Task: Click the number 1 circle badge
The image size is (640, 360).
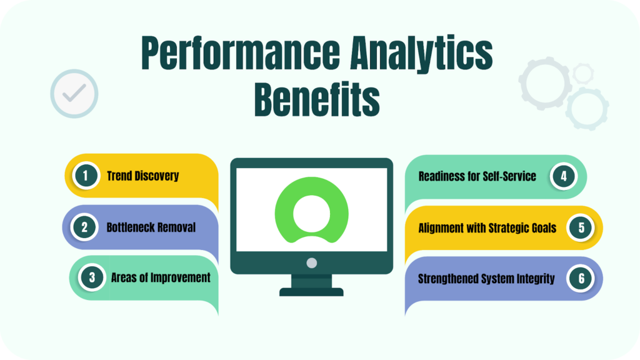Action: tap(86, 176)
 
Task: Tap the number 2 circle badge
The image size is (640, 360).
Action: tap(84, 227)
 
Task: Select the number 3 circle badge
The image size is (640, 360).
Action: tap(92, 277)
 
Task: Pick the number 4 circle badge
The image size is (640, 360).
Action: tap(564, 176)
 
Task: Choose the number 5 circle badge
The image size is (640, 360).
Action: tap(581, 227)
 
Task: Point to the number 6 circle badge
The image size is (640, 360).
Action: tap(581, 278)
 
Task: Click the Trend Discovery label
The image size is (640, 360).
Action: tap(143, 176)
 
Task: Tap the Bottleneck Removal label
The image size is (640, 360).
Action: tap(151, 227)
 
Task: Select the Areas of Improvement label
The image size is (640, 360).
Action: tap(161, 278)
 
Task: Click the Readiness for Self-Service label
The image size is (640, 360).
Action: tap(477, 176)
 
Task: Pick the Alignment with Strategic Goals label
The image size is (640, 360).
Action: tap(487, 227)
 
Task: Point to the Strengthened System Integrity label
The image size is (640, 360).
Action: tap(486, 279)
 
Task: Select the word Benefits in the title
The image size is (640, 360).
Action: tap(317, 99)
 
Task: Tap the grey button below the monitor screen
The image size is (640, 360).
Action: tap(311, 263)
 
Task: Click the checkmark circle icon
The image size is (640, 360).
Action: tap(74, 94)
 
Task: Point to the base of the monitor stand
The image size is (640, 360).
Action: tap(311, 292)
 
